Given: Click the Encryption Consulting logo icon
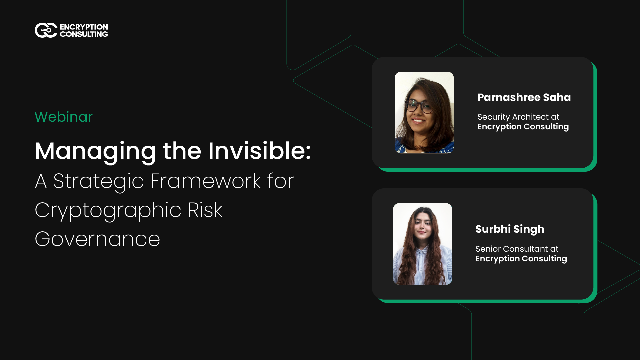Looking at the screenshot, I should [45, 30].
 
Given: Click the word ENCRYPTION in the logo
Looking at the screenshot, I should [84, 26].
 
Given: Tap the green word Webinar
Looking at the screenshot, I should [63, 117].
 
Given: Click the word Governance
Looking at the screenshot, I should [97, 239].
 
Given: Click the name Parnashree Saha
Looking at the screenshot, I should [523, 97].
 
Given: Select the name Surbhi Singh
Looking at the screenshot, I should [510, 229].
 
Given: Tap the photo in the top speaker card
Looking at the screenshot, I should [424, 112].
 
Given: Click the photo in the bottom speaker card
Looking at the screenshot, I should [422, 244].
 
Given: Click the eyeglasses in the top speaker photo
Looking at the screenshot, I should [420, 106].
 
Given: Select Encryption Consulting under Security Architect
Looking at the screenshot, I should [522, 127].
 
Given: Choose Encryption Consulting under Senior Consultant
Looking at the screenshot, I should [520, 258].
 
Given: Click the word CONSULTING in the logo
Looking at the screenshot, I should [84, 34].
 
